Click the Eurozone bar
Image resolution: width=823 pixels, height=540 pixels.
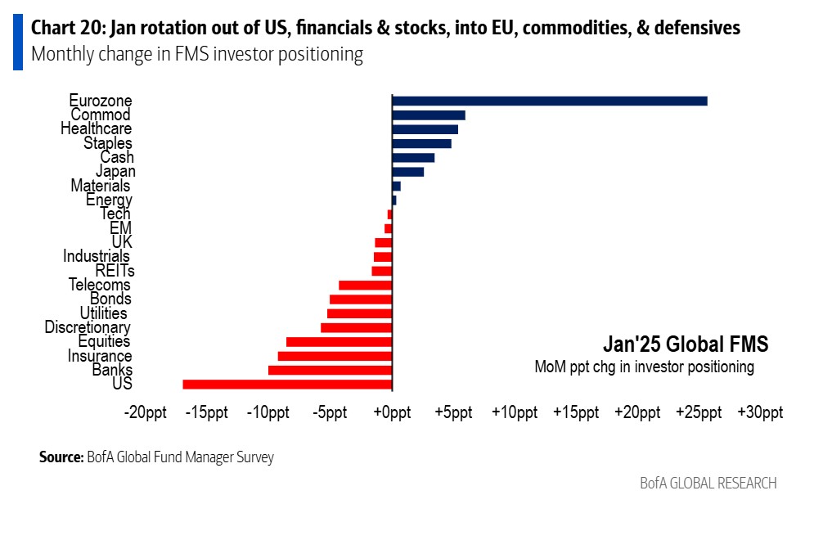[550, 101]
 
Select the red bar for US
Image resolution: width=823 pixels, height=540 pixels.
[288, 385]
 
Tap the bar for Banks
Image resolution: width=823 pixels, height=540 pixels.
[331, 371]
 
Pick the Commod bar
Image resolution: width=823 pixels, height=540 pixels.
[429, 115]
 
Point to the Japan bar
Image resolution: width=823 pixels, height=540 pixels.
[408, 172]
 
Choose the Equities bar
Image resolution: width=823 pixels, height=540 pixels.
[340, 342]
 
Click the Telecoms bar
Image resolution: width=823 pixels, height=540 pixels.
[366, 286]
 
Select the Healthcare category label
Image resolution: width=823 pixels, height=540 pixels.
[96, 129]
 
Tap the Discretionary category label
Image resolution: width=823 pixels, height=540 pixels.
[88, 327]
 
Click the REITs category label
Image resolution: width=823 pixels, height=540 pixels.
[115, 271]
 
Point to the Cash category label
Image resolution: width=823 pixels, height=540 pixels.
[117, 157]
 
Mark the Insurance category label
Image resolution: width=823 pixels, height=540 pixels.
[100, 356]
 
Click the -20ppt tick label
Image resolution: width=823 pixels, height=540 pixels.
[146, 412]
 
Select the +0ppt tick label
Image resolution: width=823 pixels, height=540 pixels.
[392, 412]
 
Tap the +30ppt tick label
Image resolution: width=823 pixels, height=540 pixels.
[760, 412]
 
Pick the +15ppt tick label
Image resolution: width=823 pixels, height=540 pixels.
[576, 412]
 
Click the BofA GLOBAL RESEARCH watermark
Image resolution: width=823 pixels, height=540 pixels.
[708, 483]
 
